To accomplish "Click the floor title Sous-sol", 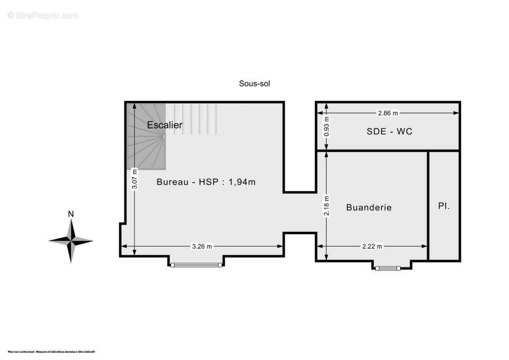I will (x=254, y=83).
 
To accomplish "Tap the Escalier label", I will (x=165, y=125).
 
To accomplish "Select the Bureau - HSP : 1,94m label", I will (x=206, y=182).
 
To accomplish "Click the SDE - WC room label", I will (x=390, y=131).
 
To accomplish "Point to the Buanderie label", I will (x=369, y=207).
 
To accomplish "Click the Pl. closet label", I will (x=444, y=206).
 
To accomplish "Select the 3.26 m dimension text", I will (x=202, y=246).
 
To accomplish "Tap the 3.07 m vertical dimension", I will (x=134, y=179).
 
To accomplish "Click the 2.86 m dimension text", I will (x=388, y=113).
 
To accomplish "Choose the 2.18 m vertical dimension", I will (x=327, y=206).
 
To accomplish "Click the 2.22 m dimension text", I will (x=372, y=246).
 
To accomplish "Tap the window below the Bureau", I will (x=196, y=265).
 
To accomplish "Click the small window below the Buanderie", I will (x=388, y=268).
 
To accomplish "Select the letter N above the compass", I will (x=71, y=214).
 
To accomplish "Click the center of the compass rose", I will (x=71, y=241).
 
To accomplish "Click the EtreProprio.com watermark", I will (x=43, y=16).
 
